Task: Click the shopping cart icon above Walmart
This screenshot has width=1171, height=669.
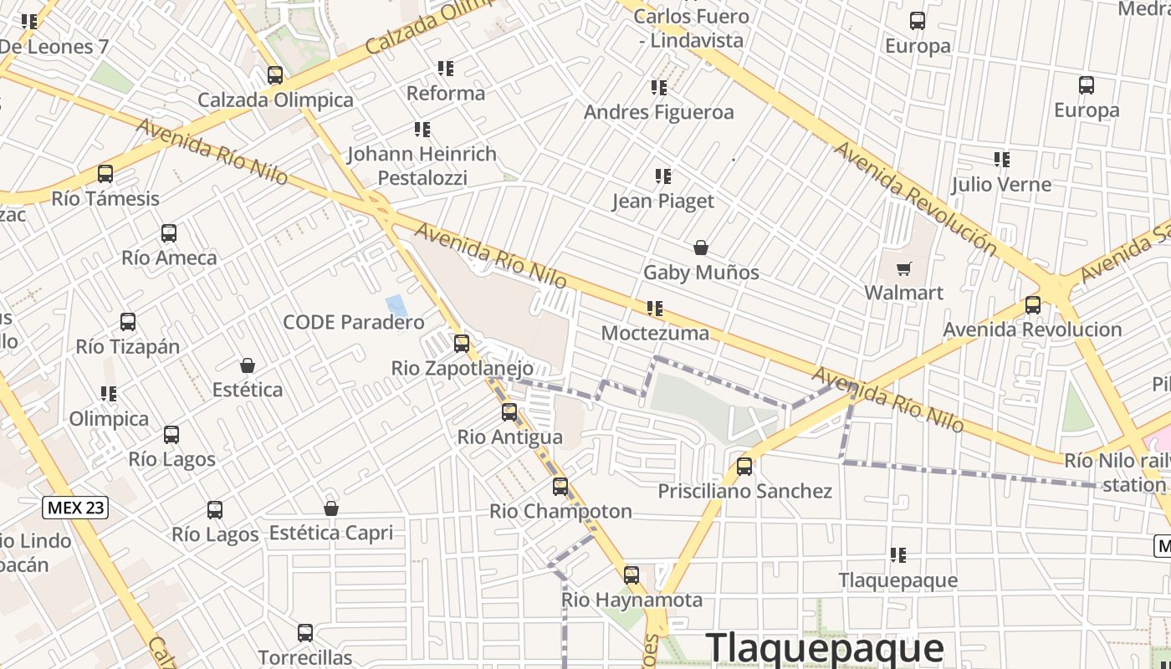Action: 903,268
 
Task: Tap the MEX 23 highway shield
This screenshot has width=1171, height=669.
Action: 75,507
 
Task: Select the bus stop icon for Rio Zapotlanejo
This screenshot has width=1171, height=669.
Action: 461,344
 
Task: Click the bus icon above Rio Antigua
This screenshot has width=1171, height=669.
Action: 509,412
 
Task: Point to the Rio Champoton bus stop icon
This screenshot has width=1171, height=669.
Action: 560,487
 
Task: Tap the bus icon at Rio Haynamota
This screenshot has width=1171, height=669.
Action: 632,575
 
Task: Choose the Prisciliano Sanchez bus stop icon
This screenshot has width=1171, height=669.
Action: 744,467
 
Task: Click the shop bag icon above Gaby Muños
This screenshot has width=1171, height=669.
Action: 701,248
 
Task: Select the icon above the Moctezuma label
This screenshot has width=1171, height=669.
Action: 655,309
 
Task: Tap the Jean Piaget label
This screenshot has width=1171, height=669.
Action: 663,201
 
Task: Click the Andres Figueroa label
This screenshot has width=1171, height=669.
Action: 659,112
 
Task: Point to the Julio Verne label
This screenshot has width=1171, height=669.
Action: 1001,184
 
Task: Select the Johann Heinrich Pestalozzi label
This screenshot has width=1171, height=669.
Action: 422,166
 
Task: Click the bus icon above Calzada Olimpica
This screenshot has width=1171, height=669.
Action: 275,75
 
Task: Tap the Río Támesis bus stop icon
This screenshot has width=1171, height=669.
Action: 105,174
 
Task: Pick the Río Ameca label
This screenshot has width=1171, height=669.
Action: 169,258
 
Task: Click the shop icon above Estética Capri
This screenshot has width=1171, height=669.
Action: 331,508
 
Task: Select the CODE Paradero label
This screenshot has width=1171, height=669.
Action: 354,322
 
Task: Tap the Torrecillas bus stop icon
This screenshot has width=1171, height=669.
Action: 305,633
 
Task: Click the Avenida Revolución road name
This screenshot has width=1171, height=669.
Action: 917,199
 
